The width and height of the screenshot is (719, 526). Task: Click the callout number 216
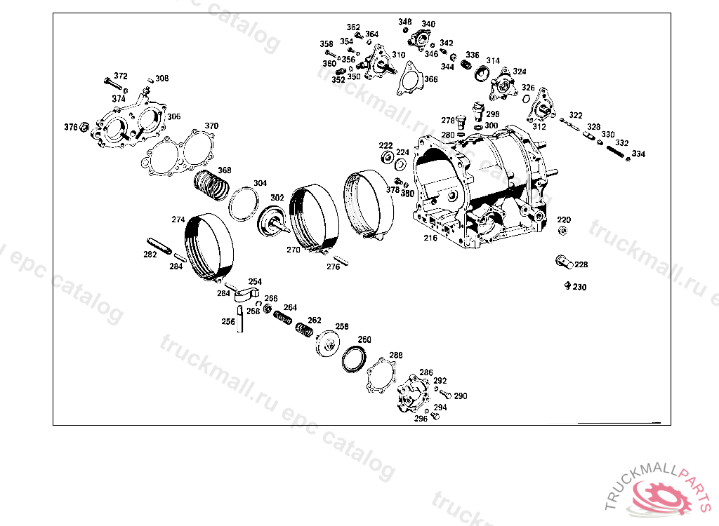click(x=430, y=238)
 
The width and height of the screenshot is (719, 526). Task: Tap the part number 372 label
click(x=121, y=76)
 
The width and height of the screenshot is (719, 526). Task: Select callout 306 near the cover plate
click(x=173, y=116)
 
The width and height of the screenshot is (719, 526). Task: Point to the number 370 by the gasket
click(x=211, y=126)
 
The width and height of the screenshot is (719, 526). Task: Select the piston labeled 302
click(x=273, y=222)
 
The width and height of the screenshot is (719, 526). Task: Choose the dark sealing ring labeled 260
click(x=354, y=359)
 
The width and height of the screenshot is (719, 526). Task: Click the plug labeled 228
click(x=564, y=262)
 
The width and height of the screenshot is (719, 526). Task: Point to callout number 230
click(x=579, y=288)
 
